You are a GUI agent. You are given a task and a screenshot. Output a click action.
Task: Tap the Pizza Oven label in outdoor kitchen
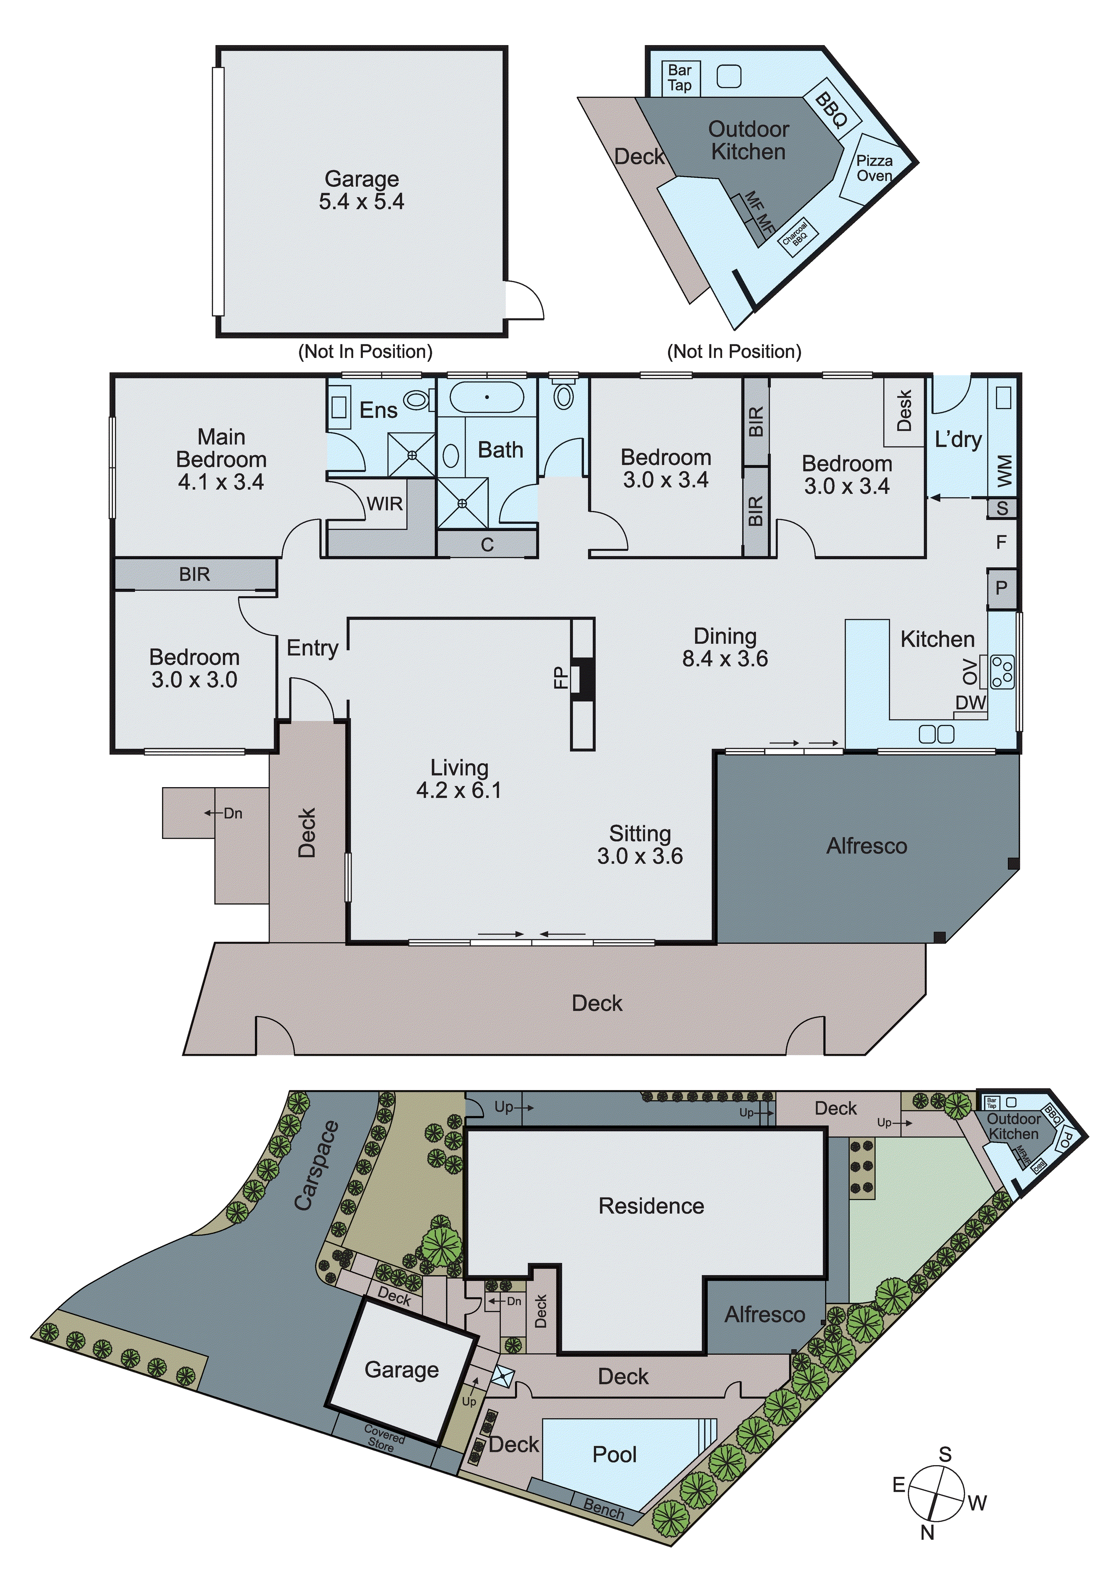[x=874, y=168]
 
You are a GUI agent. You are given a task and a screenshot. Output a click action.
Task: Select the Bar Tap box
[x=680, y=78]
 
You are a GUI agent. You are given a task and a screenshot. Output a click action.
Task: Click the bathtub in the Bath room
[x=487, y=397]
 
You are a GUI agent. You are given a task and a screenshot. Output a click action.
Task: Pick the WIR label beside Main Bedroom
[x=384, y=504]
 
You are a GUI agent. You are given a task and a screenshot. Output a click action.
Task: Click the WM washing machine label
[x=1003, y=470]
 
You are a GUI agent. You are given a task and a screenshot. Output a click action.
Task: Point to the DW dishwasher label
[x=971, y=702]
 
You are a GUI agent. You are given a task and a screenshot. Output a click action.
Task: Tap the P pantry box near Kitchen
[x=1001, y=588]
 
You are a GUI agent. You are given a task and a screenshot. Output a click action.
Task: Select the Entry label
[x=312, y=648]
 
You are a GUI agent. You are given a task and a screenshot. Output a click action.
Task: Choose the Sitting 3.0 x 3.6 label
[x=640, y=845]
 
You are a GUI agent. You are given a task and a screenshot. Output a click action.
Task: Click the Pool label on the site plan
[x=614, y=1454]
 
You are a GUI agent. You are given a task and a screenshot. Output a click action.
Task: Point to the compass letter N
[x=927, y=1532]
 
